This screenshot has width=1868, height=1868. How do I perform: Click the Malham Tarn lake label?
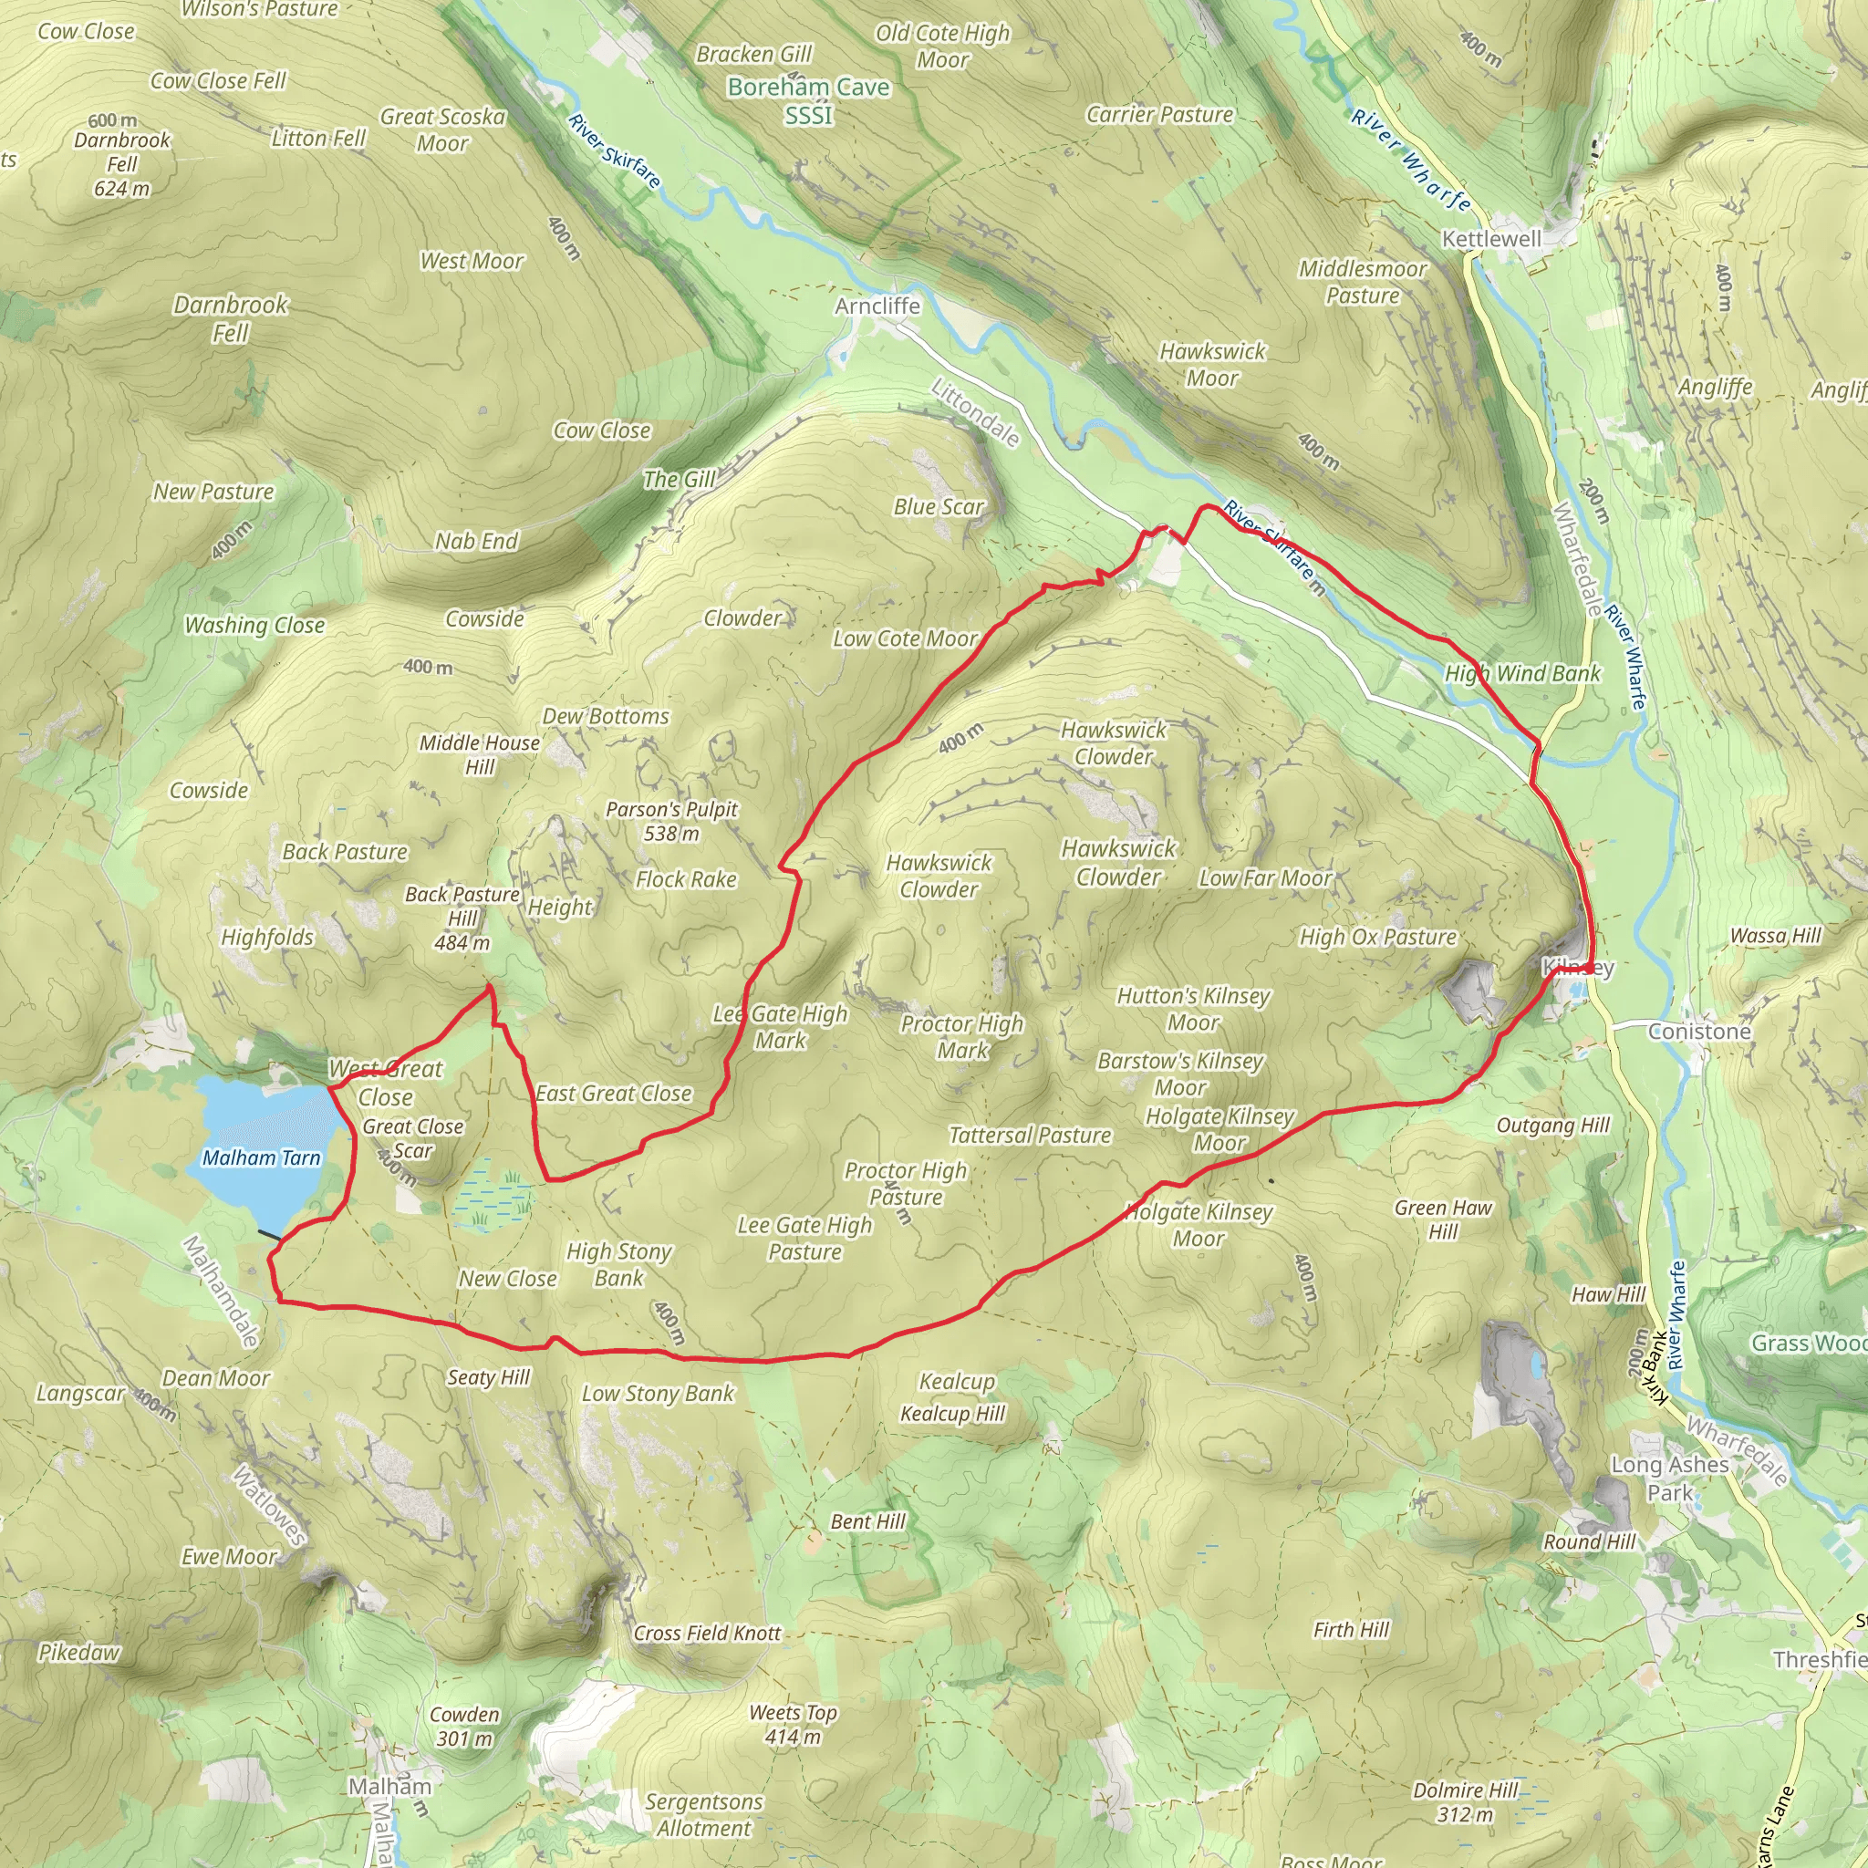(x=261, y=1158)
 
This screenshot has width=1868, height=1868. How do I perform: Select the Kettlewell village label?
(x=1491, y=239)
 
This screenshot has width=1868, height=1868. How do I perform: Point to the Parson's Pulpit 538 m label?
(x=671, y=821)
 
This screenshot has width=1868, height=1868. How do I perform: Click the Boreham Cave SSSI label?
(x=808, y=100)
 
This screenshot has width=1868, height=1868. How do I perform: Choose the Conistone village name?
(x=1698, y=1032)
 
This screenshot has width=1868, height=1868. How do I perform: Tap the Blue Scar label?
(x=938, y=506)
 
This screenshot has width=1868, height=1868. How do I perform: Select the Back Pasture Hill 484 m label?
(x=462, y=918)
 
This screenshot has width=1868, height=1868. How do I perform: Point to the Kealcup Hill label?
(x=952, y=1414)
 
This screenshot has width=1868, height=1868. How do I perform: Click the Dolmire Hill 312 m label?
(x=1465, y=1802)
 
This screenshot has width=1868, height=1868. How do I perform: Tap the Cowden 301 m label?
(x=464, y=1727)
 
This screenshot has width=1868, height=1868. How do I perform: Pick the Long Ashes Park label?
(x=1670, y=1479)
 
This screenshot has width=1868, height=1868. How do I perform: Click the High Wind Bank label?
(x=1523, y=674)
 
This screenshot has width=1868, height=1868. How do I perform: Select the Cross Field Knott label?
(x=707, y=1633)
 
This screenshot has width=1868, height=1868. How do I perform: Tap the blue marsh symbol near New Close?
(x=492, y=1196)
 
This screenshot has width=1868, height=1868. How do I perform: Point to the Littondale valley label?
(x=975, y=414)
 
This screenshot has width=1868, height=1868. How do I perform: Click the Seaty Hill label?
(x=488, y=1376)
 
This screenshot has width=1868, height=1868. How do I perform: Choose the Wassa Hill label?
(x=1775, y=935)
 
